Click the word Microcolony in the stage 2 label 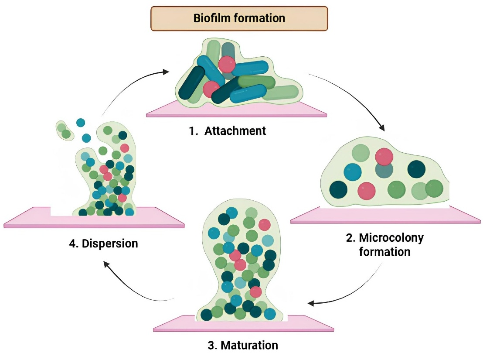click(x=391, y=238)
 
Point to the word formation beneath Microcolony click(x=384, y=252)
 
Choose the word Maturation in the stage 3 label click(x=249, y=345)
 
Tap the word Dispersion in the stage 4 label click(x=109, y=243)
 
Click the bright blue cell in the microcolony click(x=353, y=172)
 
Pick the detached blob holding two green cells click(x=64, y=130)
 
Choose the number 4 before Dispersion click(x=72, y=243)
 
